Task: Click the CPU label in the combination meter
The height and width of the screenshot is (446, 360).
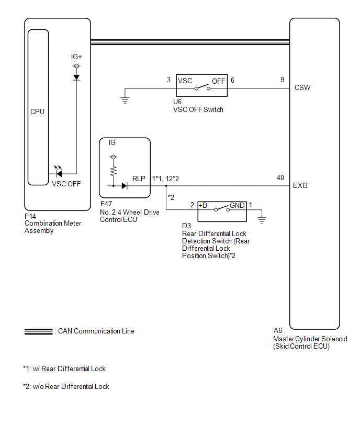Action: [x=37, y=111]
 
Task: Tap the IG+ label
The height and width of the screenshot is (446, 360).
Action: [x=76, y=57]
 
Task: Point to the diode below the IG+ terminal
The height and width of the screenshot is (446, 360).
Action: [x=76, y=77]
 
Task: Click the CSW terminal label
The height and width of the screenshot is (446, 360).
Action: [x=302, y=87]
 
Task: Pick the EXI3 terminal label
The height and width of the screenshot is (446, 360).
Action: [x=300, y=185]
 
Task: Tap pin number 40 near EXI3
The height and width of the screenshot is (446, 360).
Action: [x=280, y=178]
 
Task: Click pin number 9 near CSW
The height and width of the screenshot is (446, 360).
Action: [x=282, y=80]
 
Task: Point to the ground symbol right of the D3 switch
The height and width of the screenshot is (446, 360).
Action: [x=262, y=220]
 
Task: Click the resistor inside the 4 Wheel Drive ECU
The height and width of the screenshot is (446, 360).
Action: [x=114, y=171]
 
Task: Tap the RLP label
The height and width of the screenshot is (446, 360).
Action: [x=139, y=179]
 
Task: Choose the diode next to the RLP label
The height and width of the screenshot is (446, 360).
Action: [x=124, y=186]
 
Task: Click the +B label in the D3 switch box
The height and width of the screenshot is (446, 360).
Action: [x=203, y=205]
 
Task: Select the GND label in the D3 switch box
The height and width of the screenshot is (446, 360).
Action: [x=237, y=205]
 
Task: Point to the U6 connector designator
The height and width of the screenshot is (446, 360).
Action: [x=177, y=102]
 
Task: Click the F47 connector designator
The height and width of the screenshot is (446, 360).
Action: [x=106, y=204]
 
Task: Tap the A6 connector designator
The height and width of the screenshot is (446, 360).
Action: [x=277, y=330]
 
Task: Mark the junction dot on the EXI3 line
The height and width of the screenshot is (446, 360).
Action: [x=166, y=186]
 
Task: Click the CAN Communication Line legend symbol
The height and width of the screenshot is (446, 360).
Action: [x=39, y=332]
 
